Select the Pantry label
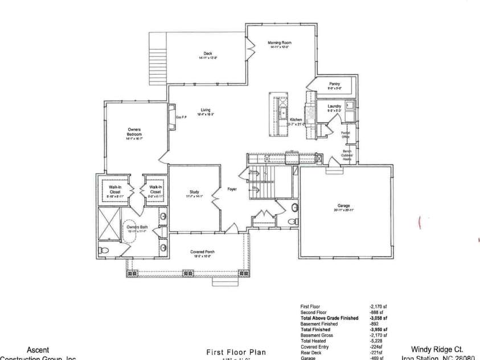click(335, 84)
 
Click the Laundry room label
click(334, 106)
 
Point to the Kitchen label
click(297, 120)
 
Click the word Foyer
click(232, 189)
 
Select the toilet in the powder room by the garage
click(292, 221)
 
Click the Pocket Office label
click(346, 134)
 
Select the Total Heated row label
click(313, 341)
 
